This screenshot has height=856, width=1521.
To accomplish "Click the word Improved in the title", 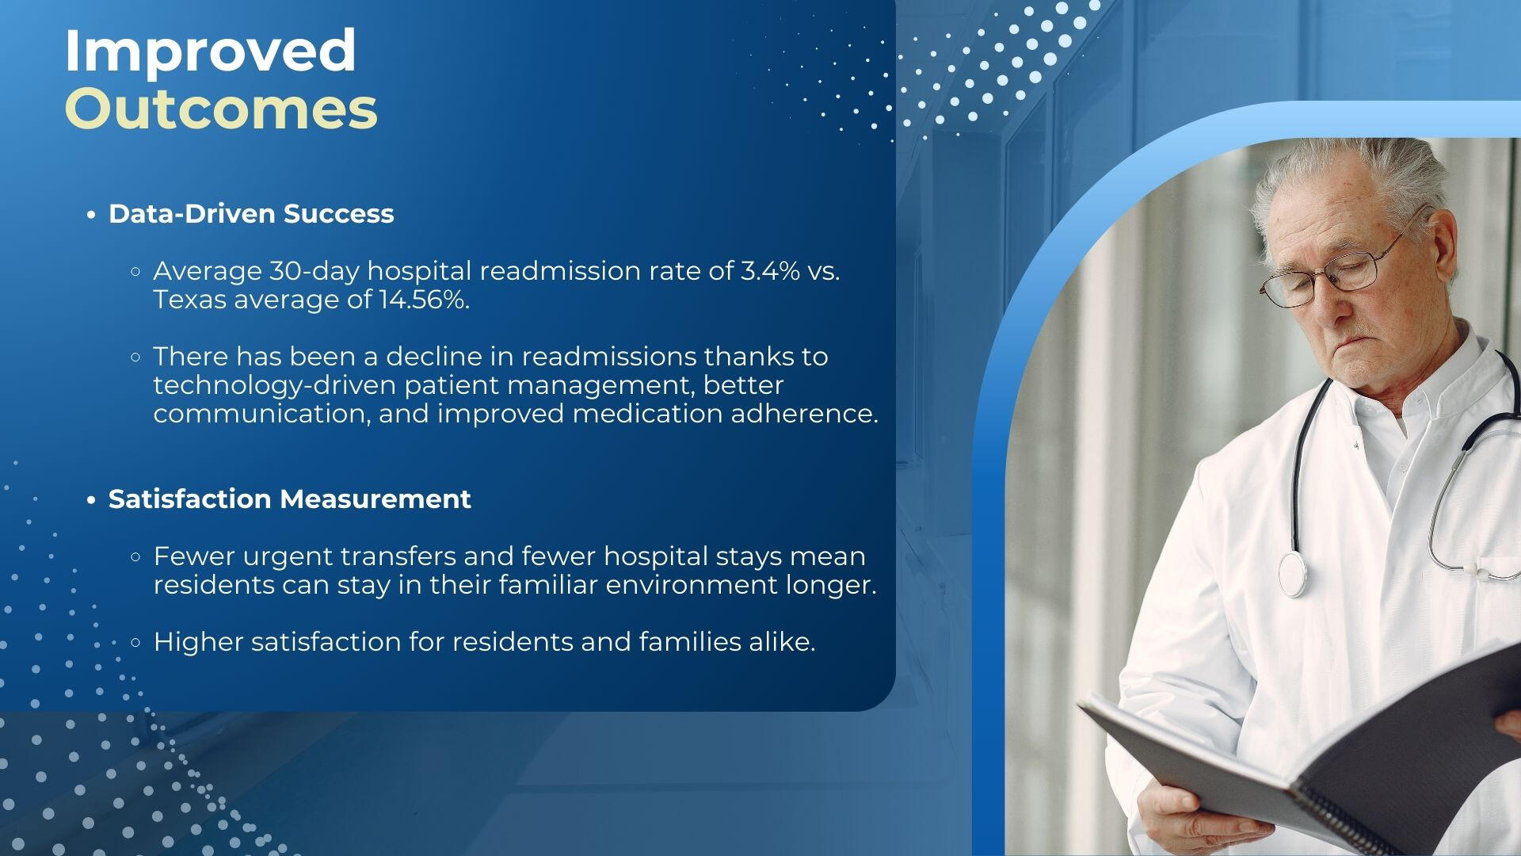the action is pos(210,52).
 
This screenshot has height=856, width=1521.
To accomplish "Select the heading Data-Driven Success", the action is pos(251,214).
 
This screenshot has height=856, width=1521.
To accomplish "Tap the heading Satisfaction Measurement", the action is pos(290,499).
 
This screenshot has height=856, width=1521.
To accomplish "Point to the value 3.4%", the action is pos(770,271).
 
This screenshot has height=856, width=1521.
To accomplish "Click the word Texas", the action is pos(189,300).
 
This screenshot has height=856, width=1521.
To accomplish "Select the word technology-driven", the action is pos(275,386).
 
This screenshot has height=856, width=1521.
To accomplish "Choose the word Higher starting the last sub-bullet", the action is pos(198,642).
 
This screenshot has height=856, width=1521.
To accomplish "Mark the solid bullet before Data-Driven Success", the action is pos(92,215).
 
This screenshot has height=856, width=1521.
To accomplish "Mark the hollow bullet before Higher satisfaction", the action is pos(135,642).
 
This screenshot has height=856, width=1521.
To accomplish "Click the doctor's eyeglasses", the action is pos(1339,266).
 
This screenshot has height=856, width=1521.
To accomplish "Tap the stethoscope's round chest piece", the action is pos(1292,574).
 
